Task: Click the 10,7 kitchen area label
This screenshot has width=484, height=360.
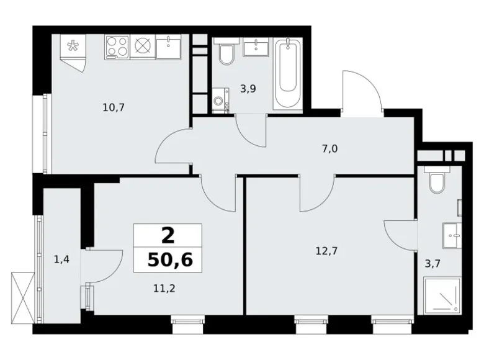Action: [x=114, y=107]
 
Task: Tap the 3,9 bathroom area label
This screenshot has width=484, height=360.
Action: [x=248, y=88]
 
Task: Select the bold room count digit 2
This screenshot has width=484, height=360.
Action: [x=168, y=236]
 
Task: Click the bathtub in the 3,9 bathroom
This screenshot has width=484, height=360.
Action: [x=288, y=74]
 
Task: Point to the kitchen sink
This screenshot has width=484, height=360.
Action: [x=168, y=45]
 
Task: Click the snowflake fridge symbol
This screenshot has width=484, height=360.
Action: [x=73, y=46]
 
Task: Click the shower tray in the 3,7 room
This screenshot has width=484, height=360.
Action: [x=441, y=295]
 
